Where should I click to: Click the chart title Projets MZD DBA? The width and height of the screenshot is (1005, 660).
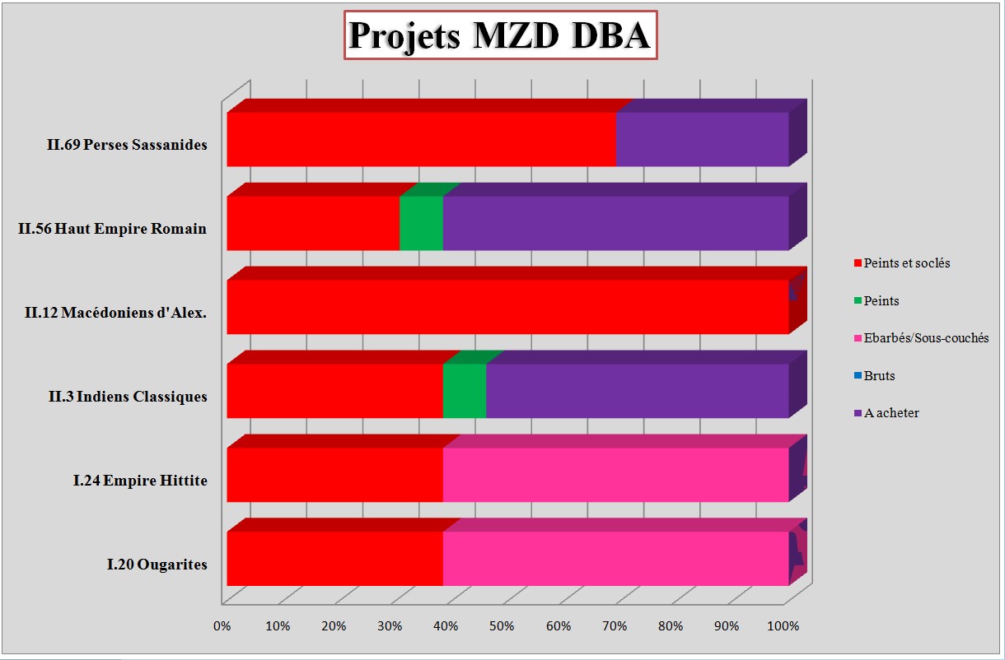500,35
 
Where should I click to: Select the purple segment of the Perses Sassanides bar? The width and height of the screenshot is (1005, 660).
702,139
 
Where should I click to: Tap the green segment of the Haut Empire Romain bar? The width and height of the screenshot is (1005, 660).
421,223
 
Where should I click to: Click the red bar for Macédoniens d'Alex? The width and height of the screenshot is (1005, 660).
507,307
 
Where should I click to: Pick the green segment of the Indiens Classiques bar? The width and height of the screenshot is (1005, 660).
465,391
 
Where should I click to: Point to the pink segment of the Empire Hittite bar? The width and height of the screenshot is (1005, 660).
615,475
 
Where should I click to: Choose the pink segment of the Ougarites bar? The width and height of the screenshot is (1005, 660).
615,559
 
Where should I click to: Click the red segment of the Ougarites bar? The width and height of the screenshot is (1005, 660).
334,559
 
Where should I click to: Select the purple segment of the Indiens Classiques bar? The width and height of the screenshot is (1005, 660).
637,391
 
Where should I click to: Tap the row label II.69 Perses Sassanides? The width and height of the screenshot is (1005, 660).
127,145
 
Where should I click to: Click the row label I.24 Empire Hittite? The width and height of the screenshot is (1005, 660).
140,481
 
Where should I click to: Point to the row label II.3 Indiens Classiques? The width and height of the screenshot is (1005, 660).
129,397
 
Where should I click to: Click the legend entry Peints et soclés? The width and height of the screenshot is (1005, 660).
907,263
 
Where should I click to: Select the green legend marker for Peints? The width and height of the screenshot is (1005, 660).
858,301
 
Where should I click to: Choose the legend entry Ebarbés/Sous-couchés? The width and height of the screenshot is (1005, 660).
926,338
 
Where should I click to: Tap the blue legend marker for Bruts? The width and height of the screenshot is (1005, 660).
858,376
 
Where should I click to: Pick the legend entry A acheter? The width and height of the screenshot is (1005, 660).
891,413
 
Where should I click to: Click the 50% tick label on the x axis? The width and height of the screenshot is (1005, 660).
502,626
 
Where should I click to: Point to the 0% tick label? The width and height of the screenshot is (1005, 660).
222,626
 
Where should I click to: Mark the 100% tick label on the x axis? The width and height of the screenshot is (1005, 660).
783,626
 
